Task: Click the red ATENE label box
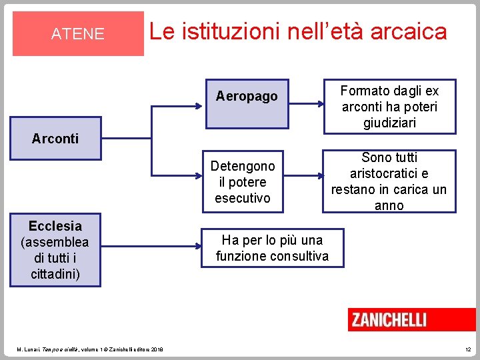click(78, 33)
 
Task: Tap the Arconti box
click(56, 139)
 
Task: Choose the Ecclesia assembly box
click(55, 250)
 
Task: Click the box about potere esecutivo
click(243, 182)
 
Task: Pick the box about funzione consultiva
click(272, 248)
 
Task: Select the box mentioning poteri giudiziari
click(389, 107)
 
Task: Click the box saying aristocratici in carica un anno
click(389, 181)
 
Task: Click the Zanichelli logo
click(389, 320)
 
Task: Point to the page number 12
click(467, 349)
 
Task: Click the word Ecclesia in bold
click(55, 226)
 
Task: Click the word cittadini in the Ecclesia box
click(55, 274)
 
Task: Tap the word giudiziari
click(389, 123)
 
